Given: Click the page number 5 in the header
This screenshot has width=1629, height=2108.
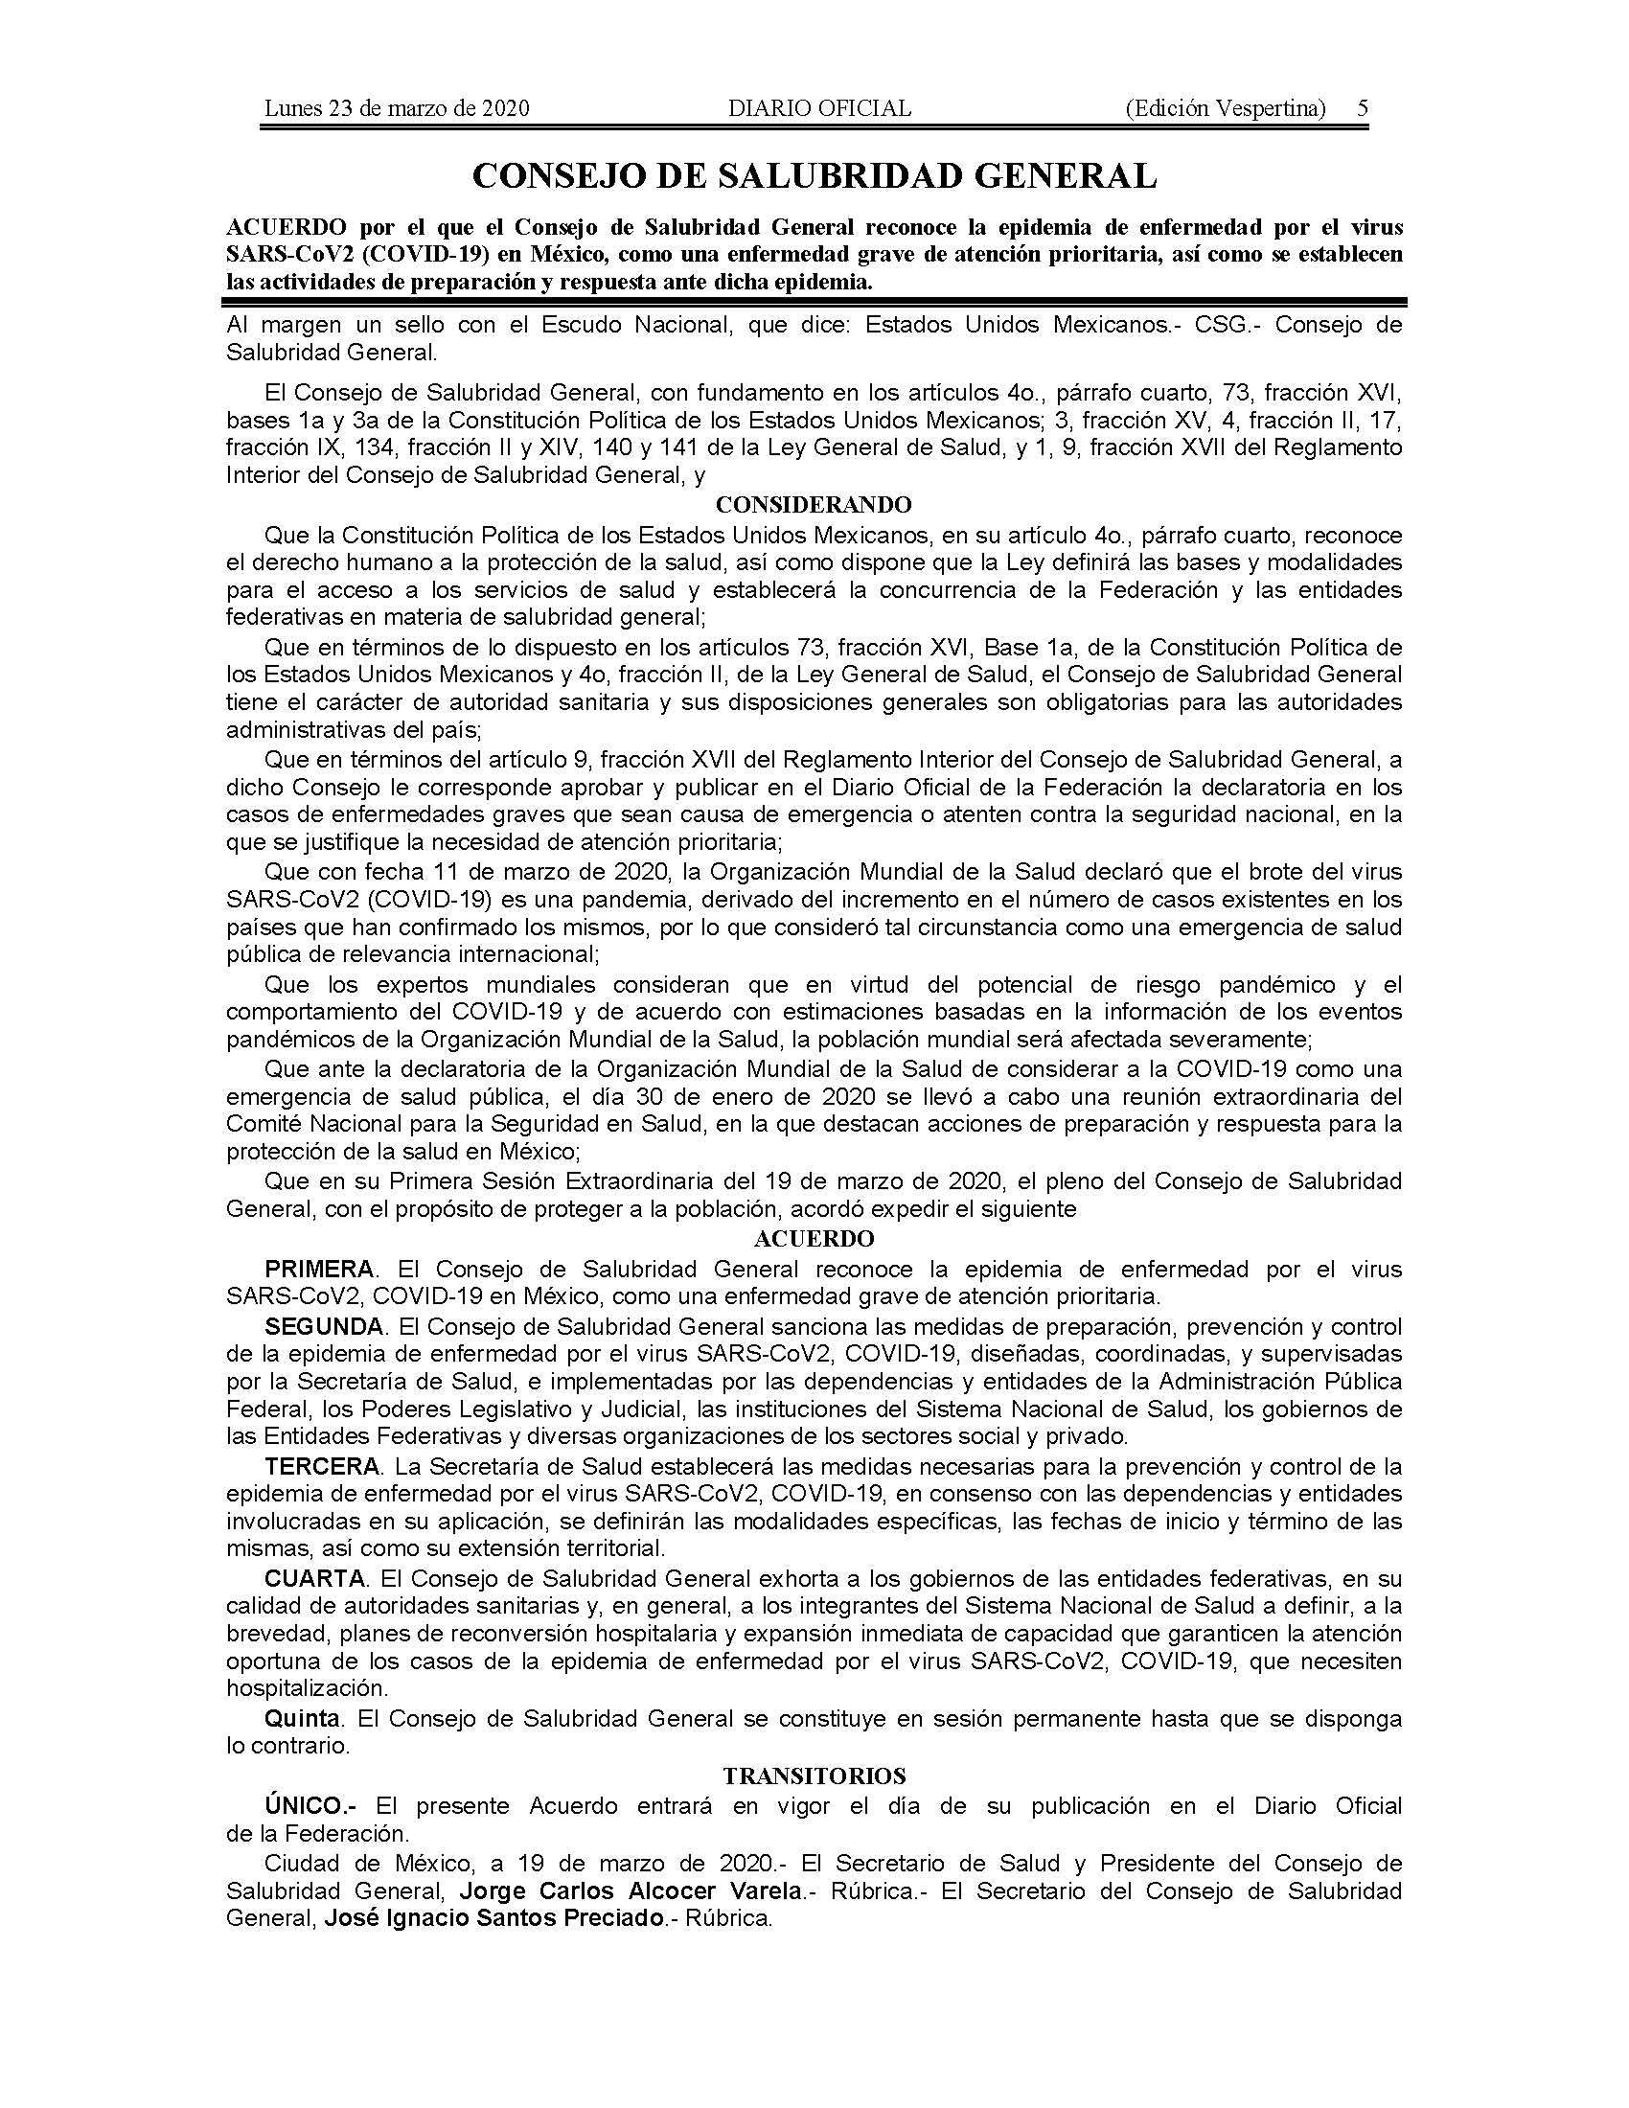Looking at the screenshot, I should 1362,108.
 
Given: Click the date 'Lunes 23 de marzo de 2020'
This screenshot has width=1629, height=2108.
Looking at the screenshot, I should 397,108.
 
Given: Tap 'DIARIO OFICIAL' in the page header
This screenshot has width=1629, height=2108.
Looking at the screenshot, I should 819,108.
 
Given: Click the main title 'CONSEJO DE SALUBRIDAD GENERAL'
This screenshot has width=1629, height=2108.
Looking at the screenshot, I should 814,176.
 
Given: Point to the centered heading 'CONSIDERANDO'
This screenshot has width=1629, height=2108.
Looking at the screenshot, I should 814,505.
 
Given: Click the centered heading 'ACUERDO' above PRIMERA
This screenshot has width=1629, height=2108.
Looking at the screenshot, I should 814,1238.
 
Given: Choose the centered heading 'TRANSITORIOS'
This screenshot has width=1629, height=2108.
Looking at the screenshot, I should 814,1776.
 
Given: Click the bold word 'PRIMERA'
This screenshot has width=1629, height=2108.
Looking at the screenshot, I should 319,1269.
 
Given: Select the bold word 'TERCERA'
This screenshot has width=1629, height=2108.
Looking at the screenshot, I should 322,1467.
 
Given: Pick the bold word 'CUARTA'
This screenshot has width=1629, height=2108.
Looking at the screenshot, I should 315,1579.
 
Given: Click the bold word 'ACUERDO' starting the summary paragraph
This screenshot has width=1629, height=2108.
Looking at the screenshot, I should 286,228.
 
